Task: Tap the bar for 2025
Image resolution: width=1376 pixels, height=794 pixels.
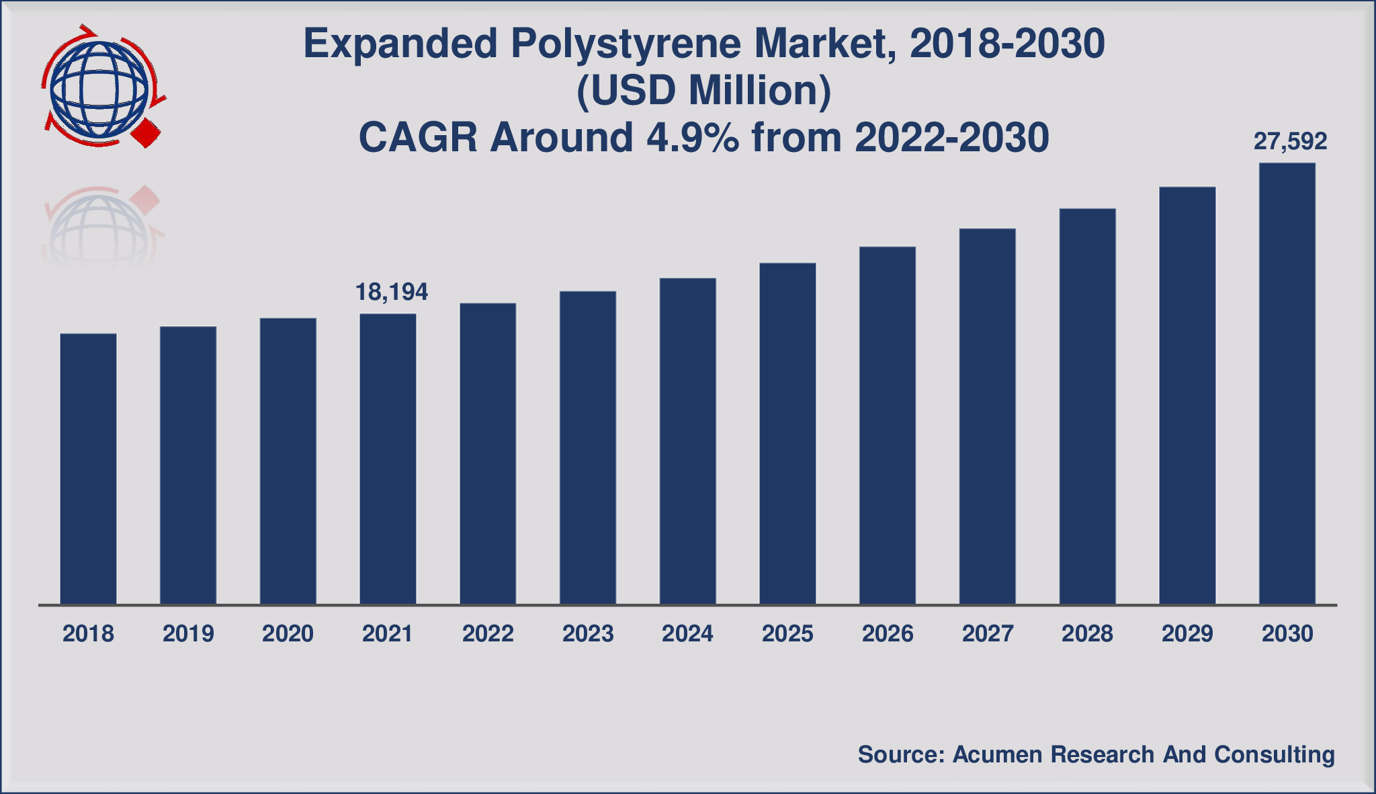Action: [x=787, y=434]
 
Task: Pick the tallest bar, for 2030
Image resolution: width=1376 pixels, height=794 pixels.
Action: [x=1287, y=383]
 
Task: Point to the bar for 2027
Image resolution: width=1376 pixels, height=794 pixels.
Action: [x=987, y=416]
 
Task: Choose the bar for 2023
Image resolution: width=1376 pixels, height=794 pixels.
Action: [x=588, y=448]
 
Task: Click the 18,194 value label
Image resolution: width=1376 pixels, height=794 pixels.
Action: [x=391, y=292]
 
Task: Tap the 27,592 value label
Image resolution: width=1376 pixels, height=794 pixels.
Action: [x=1290, y=141]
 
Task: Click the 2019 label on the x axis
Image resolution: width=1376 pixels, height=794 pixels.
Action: [x=188, y=633]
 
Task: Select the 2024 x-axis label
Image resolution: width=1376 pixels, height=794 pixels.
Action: [x=687, y=633]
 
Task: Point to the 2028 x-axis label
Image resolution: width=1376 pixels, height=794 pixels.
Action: [x=1087, y=633]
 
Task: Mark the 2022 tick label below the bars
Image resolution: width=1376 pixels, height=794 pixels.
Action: [x=488, y=633]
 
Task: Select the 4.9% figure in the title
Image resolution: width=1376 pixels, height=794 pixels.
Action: [x=692, y=137]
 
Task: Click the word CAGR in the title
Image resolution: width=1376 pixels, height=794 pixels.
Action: [x=418, y=137]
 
